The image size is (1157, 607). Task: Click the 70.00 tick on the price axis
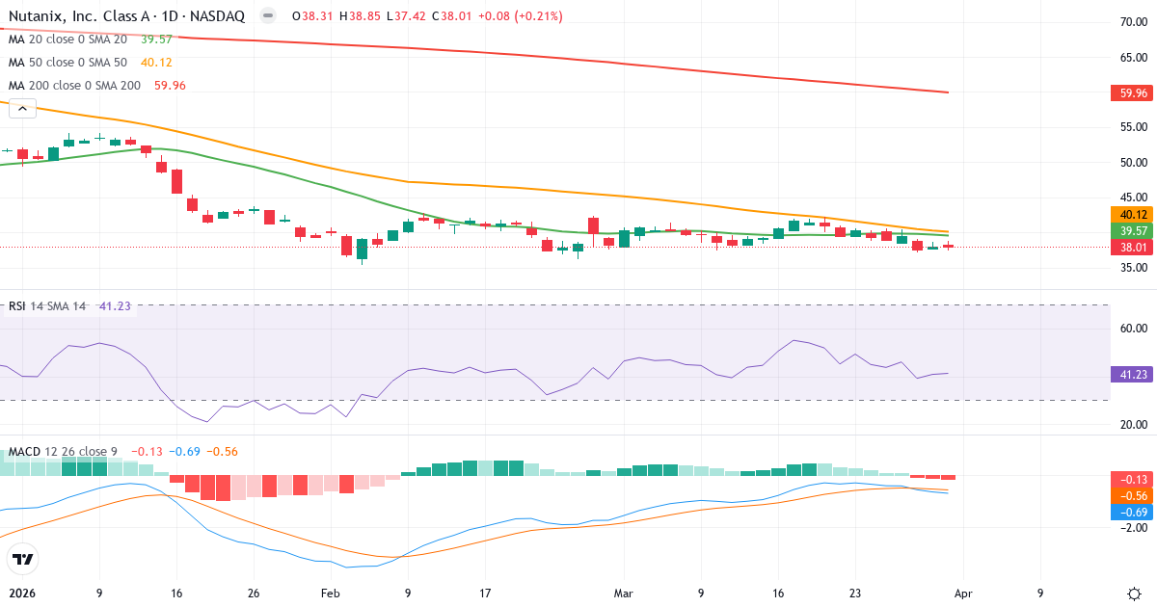[x=1133, y=22]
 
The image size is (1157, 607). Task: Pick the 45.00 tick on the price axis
[x=1133, y=198]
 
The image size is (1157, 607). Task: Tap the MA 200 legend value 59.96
[x=170, y=86]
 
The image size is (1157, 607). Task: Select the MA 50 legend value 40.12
[x=156, y=63]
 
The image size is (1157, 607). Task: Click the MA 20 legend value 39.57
[x=156, y=40]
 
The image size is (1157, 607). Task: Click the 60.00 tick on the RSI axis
[x=1133, y=329]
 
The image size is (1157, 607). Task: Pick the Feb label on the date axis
[x=331, y=594]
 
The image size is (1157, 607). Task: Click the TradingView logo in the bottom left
[x=23, y=559]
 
